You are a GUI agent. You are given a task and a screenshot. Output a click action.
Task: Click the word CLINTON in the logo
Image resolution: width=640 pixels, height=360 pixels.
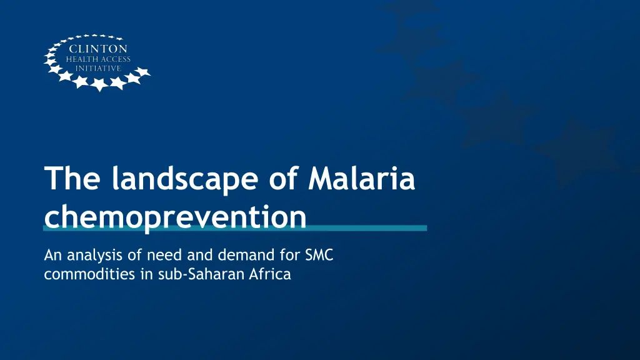(x=98, y=49)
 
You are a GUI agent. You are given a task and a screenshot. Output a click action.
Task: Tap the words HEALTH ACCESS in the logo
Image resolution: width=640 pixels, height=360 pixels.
(x=98, y=59)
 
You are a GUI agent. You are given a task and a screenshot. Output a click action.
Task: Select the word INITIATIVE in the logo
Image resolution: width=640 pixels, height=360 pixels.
(x=98, y=68)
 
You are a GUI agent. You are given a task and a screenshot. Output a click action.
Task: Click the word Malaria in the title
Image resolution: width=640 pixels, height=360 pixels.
(x=362, y=178)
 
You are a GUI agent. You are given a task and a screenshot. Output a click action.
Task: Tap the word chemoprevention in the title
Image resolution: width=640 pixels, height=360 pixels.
(x=175, y=217)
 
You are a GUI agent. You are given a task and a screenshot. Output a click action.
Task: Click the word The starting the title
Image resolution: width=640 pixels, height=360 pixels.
(x=72, y=178)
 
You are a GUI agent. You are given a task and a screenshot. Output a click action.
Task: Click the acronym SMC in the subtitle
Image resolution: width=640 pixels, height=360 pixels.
(x=319, y=255)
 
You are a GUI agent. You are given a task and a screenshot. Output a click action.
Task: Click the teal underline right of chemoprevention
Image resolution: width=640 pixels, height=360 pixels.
(x=367, y=228)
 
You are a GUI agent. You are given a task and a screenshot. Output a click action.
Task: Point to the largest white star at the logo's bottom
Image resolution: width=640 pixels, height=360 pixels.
(x=99, y=84)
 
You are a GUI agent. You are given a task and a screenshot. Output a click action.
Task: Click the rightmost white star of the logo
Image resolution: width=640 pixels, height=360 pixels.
(x=142, y=72)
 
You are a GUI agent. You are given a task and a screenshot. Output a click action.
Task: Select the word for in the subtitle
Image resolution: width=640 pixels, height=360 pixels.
(x=290, y=255)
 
